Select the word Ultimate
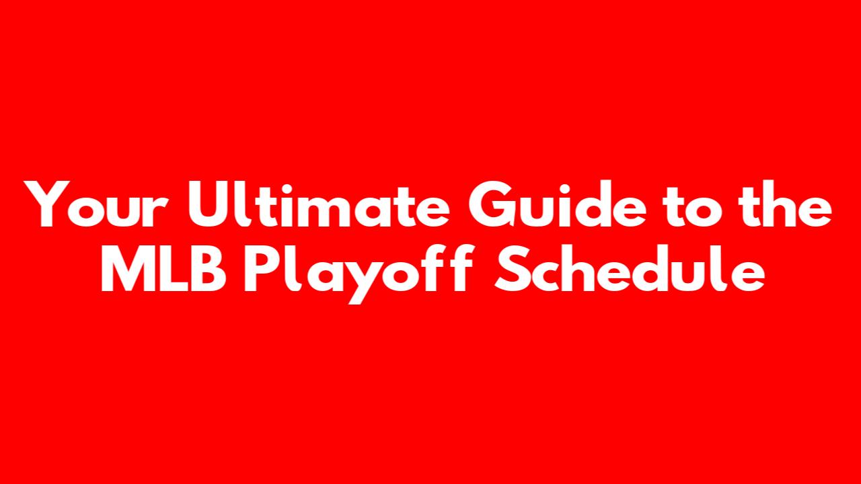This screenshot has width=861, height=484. pyautogui.click(x=319, y=204)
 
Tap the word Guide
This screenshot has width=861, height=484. pyautogui.click(x=557, y=204)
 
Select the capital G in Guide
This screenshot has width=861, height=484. pyautogui.click(x=492, y=204)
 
